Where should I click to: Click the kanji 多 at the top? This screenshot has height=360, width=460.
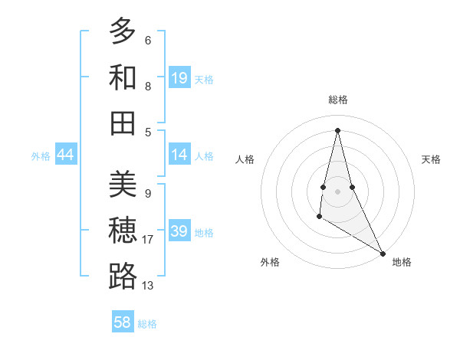(x=123, y=31)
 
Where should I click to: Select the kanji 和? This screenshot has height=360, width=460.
(x=123, y=78)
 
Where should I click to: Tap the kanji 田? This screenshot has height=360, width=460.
(x=123, y=123)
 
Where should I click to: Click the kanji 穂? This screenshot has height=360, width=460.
(x=123, y=231)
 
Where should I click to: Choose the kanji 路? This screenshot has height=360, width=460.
(x=123, y=277)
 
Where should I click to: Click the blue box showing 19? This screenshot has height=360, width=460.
(x=179, y=78)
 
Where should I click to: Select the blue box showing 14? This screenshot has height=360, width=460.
(x=179, y=155)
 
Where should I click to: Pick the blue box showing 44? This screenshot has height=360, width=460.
(x=66, y=155)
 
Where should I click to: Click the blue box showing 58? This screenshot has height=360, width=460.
(x=123, y=322)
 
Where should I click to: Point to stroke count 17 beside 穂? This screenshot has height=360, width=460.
(x=148, y=240)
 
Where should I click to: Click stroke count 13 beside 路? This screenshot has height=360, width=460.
(x=148, y=286)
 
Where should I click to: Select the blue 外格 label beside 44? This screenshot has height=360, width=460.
(x=41, y=156)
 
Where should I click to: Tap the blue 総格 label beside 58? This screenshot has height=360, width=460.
(x=147, y=324)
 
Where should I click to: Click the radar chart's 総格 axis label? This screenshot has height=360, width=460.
(x=338, y=100)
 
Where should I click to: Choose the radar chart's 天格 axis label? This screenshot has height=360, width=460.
(x=432, y=159)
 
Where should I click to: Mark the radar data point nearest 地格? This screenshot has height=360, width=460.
(x=383, y=254)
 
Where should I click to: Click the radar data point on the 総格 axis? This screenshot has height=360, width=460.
(x=337, y=129)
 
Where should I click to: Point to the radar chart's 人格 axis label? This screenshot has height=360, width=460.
(x=245, y=159)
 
